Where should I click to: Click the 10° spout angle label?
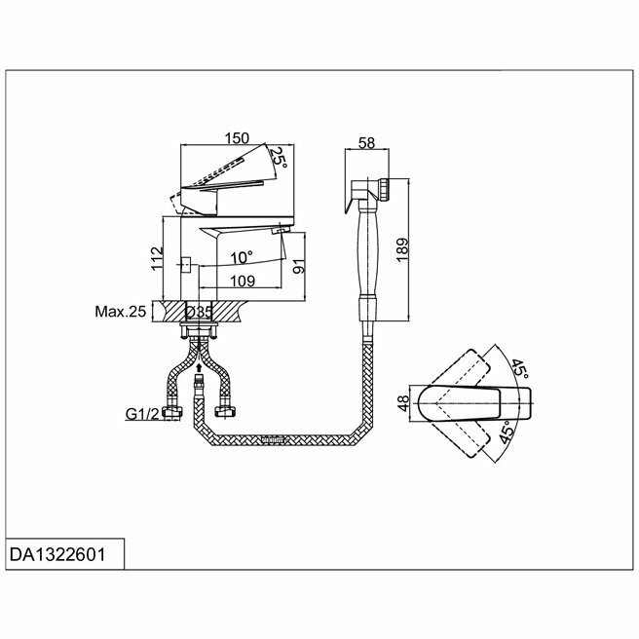coord(241,258)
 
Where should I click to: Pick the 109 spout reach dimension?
coord(244,282)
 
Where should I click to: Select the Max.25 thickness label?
coord(120,313)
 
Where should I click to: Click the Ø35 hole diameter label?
coord(200,313)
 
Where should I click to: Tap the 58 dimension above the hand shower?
coord(366,142)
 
